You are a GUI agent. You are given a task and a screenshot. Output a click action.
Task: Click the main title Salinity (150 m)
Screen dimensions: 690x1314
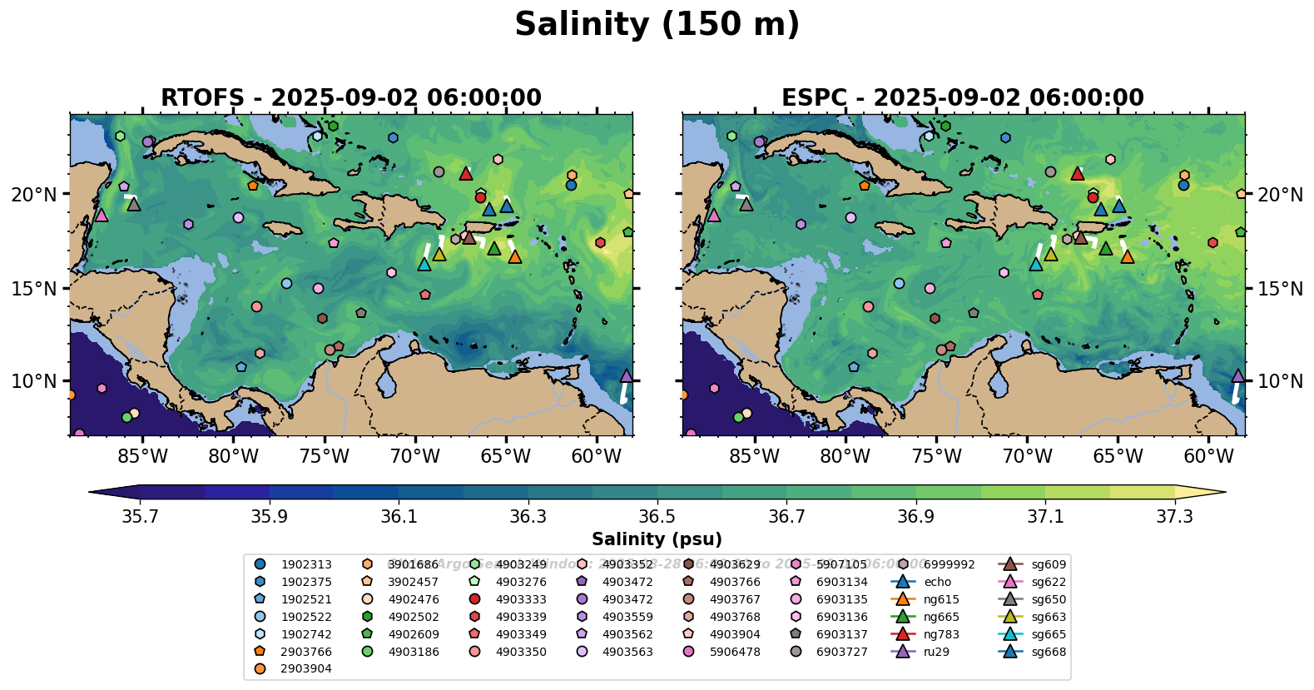[x=657, y=24]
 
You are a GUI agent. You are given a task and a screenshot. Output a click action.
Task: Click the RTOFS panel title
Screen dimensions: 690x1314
[x=350, y=97]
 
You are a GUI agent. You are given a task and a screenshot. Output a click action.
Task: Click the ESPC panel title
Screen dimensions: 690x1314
[x=962, y=97]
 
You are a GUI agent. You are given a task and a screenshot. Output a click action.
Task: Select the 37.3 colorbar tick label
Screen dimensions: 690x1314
[x=1174, y=517]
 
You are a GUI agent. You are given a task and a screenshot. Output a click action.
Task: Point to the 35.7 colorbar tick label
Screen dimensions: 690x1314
[x=140, y=517]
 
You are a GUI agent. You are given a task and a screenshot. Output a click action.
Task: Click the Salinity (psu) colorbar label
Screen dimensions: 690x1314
[x=657, y=539]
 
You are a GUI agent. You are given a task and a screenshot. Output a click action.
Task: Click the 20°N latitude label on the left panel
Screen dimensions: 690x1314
[x=34, y=195]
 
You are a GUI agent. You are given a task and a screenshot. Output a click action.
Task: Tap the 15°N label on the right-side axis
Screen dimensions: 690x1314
[x=1280, y=289]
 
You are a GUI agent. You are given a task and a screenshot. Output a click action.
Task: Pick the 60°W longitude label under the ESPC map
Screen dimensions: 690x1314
[x=1208, y=456]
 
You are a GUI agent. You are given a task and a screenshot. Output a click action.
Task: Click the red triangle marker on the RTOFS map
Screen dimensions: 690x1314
[x=466, y=174]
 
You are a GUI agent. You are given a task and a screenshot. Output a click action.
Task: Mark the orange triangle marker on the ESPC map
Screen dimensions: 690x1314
[x=1127, y=256]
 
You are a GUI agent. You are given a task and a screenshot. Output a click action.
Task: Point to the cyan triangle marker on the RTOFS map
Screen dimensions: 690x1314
[x=424, y=265]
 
